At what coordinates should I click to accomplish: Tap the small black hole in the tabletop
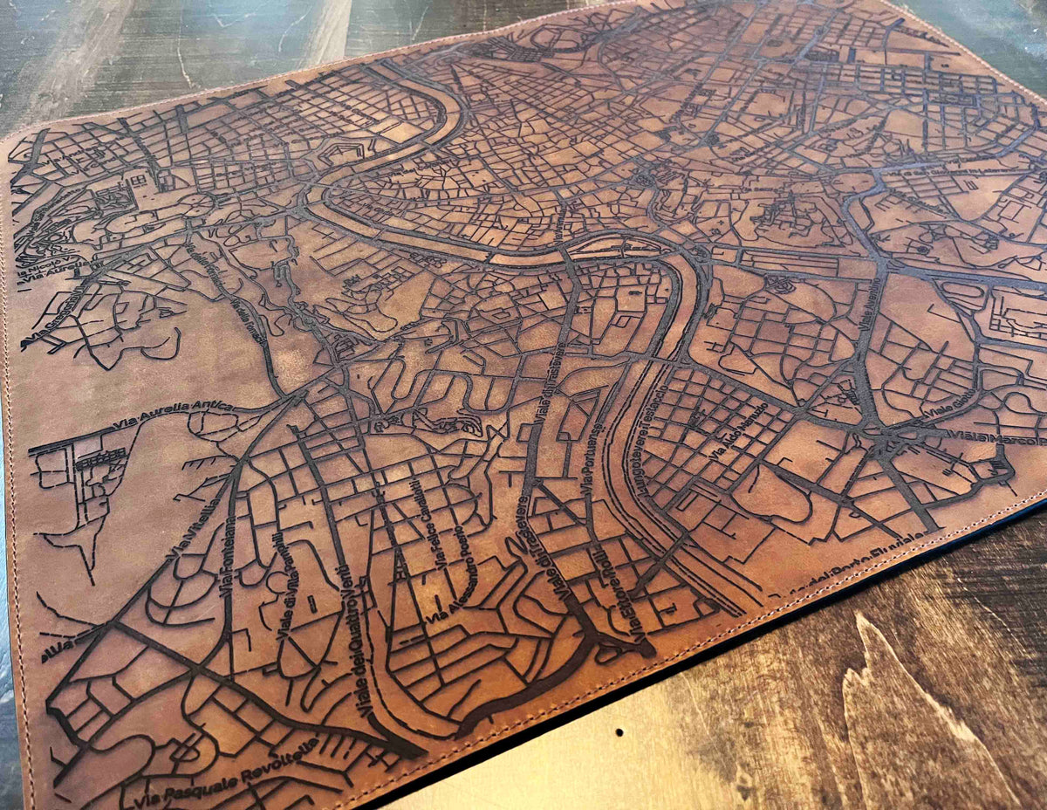click(x=619, y=731)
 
